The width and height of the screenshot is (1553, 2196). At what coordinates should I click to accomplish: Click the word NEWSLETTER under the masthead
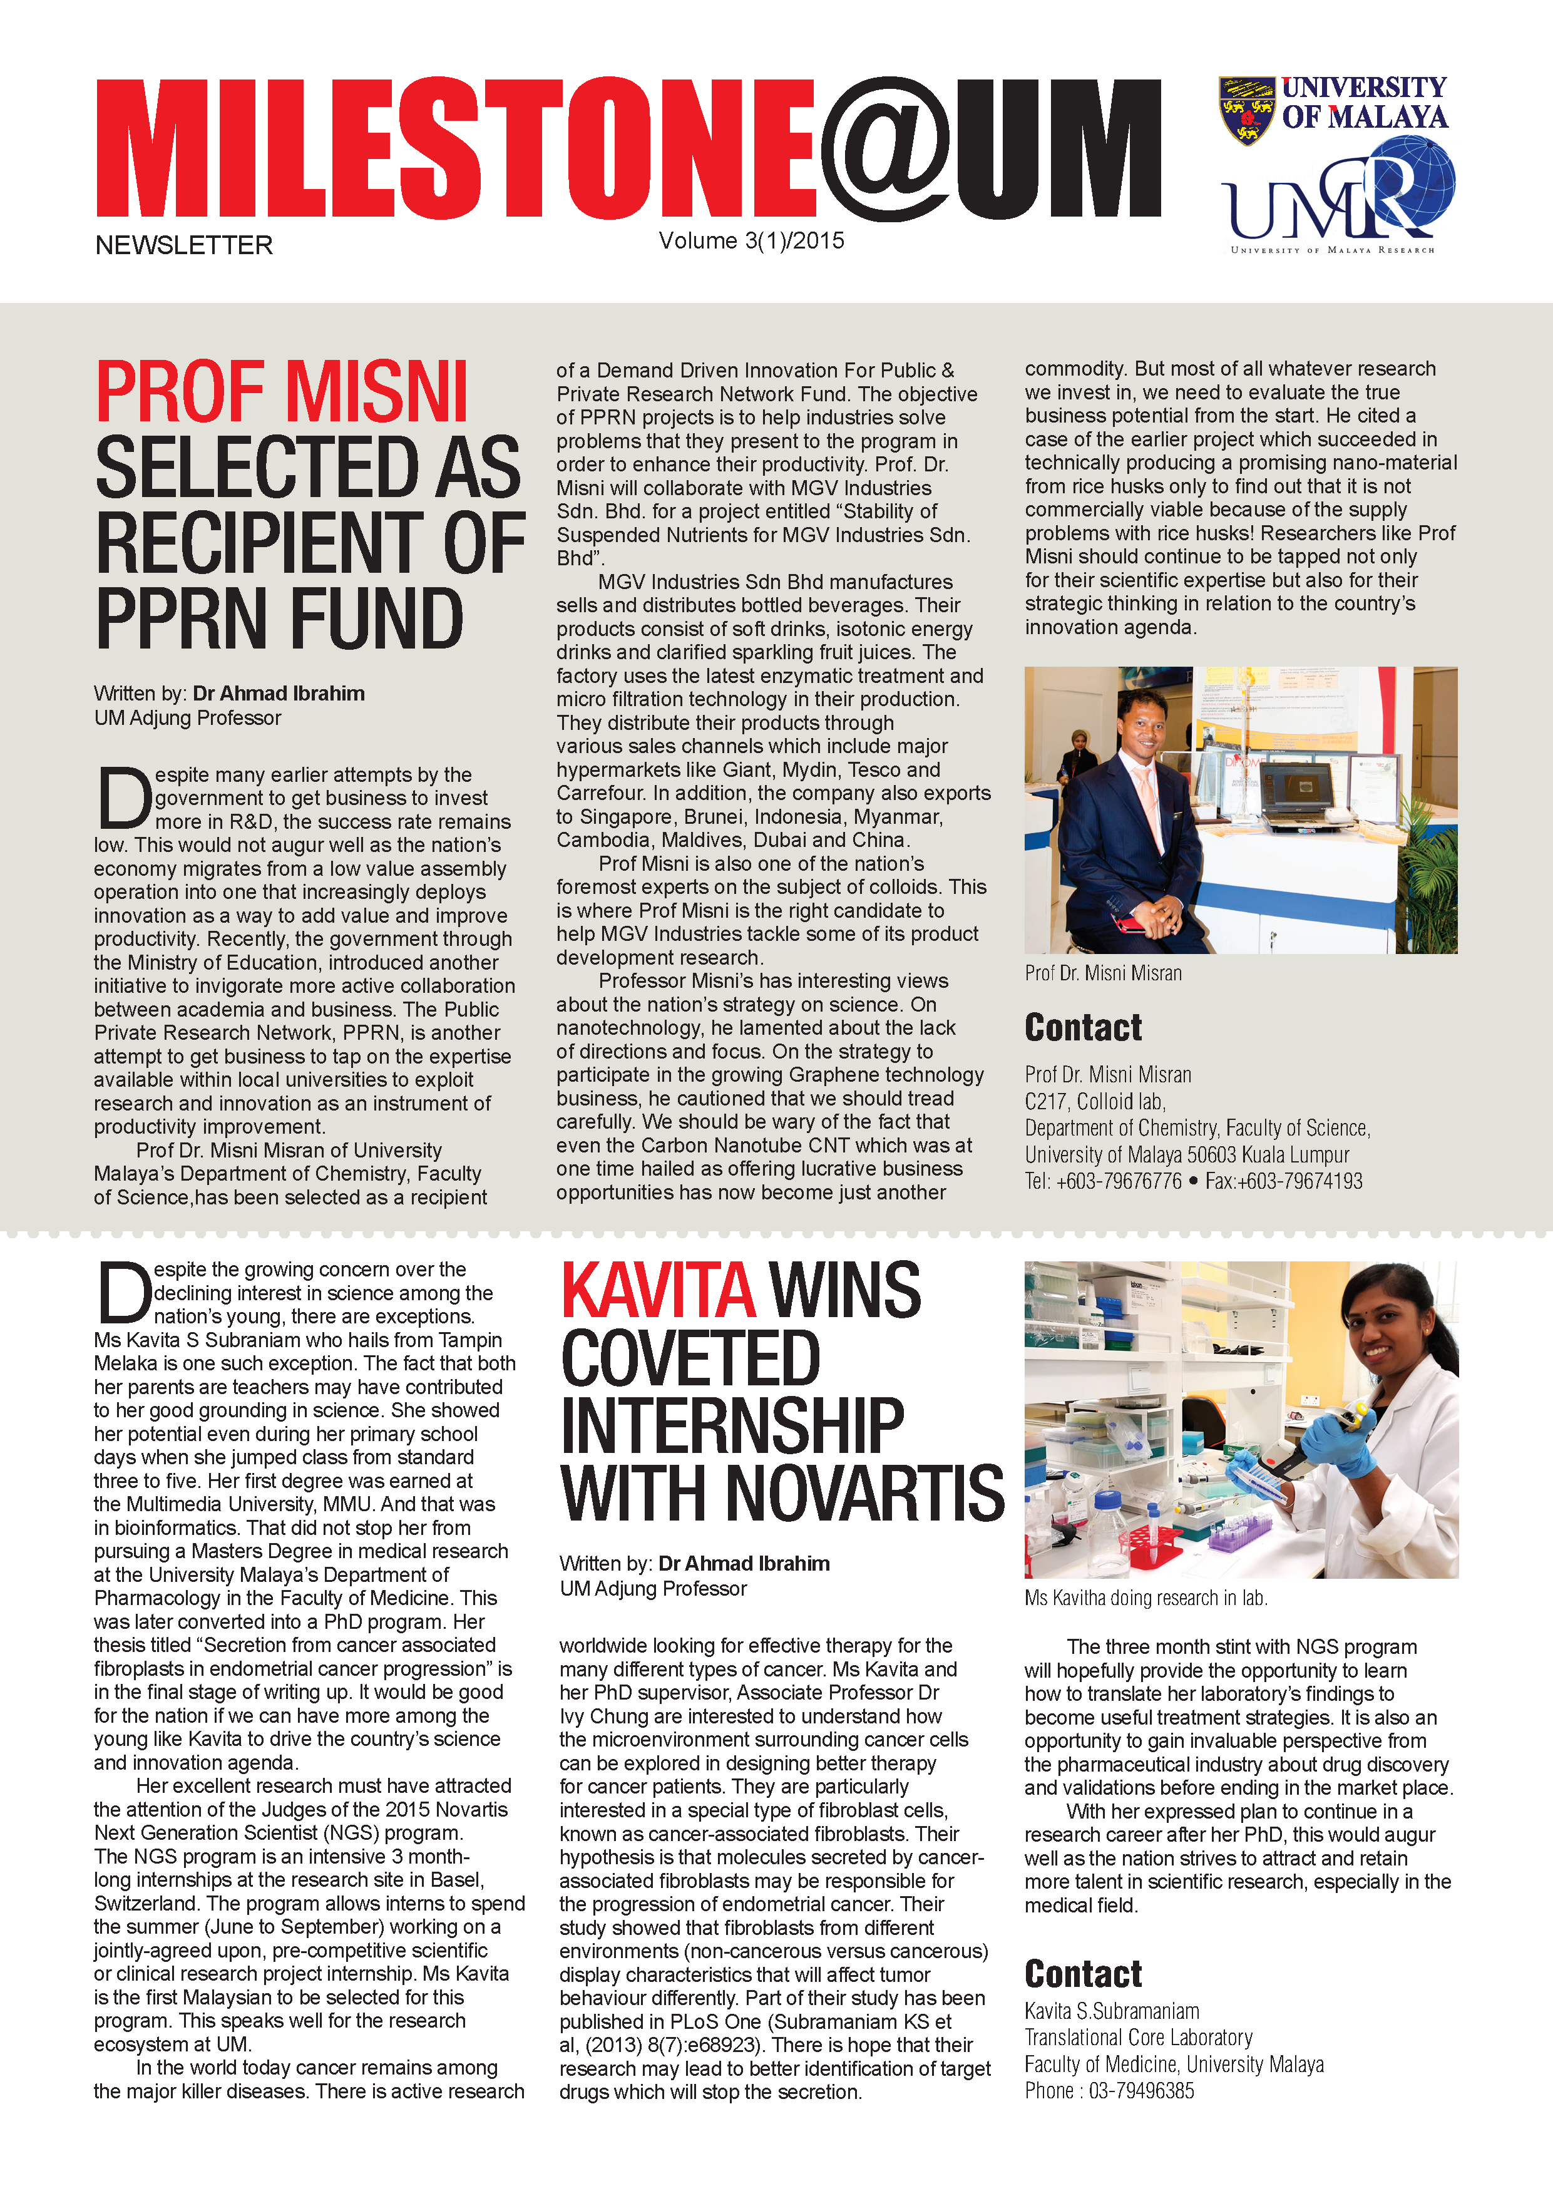click(183, 246)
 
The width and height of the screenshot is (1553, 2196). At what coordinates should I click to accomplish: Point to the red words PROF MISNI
click(282, 391)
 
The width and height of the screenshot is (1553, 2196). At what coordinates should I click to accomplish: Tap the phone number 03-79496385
click(1141, 2091)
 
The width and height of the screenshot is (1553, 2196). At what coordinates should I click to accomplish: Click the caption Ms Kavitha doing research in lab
click(1146, 1598)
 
